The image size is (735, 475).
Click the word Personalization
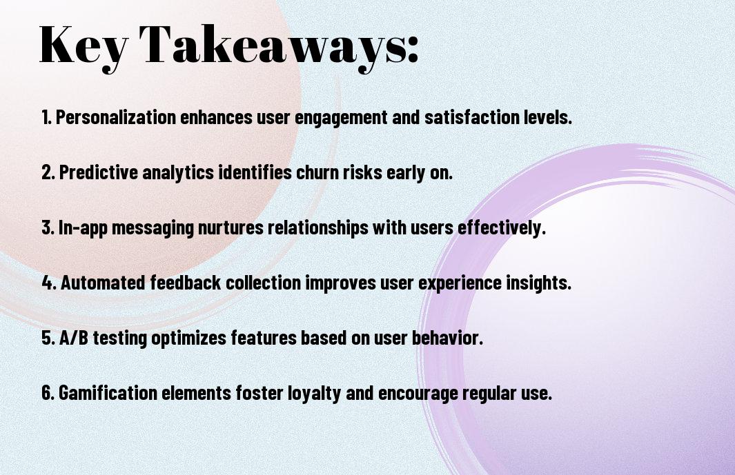tap(116, 117)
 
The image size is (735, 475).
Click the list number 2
tap(48, 172)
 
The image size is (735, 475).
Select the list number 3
tap(48, 228)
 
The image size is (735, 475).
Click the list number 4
tap(49, 283)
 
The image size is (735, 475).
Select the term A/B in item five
tap(74, 338)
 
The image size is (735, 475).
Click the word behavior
tap(447, 338)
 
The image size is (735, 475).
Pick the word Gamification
tap(108, 392)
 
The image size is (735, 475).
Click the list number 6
tap(48, 392)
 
